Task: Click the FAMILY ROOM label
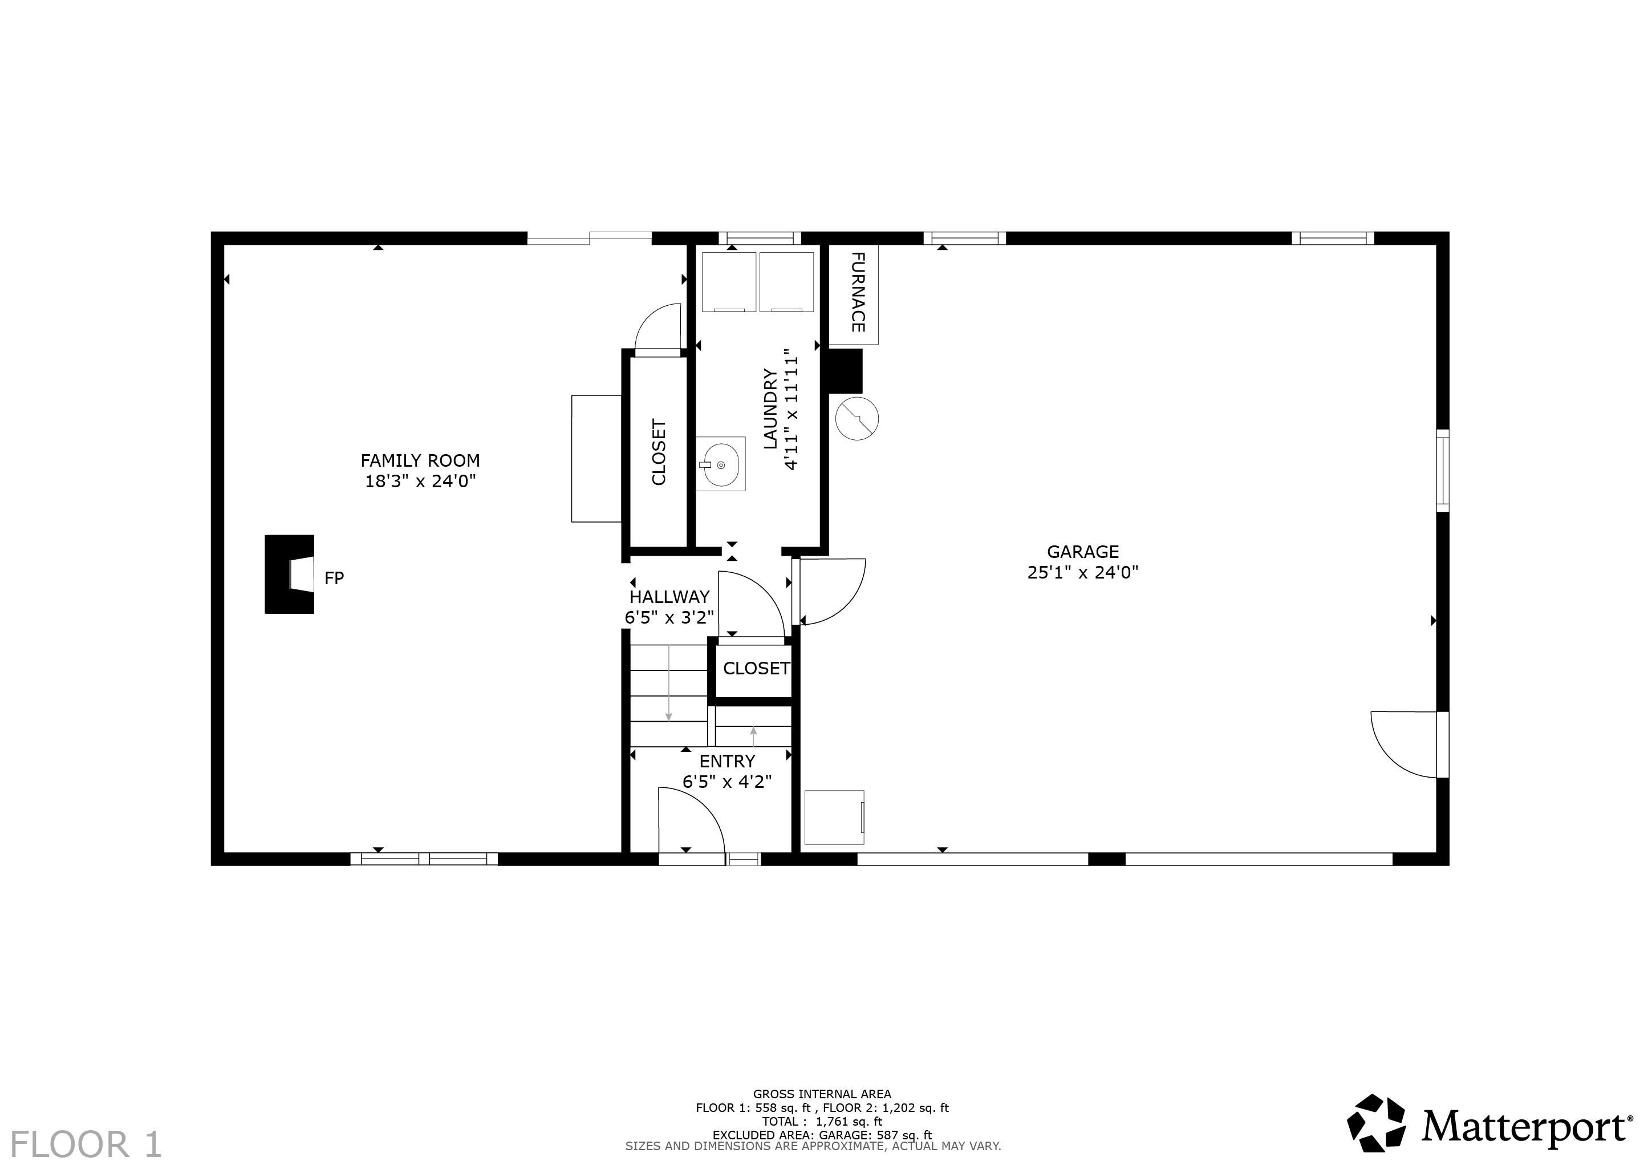click(420, 460)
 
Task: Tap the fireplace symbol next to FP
click(290, 575)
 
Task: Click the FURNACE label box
click(854, 293)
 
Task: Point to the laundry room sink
click(721, 464)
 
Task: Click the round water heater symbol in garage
click(856, 418)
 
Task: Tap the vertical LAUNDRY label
click(770, 409)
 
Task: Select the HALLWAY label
click(669, 597)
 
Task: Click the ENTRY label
click(726, 761)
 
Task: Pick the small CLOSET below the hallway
click(755, 669)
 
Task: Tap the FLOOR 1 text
click(86, 1144)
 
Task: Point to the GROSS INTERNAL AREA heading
click(822, 1094)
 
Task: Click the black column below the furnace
click(845, 371)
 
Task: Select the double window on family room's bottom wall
click(424, 859)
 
